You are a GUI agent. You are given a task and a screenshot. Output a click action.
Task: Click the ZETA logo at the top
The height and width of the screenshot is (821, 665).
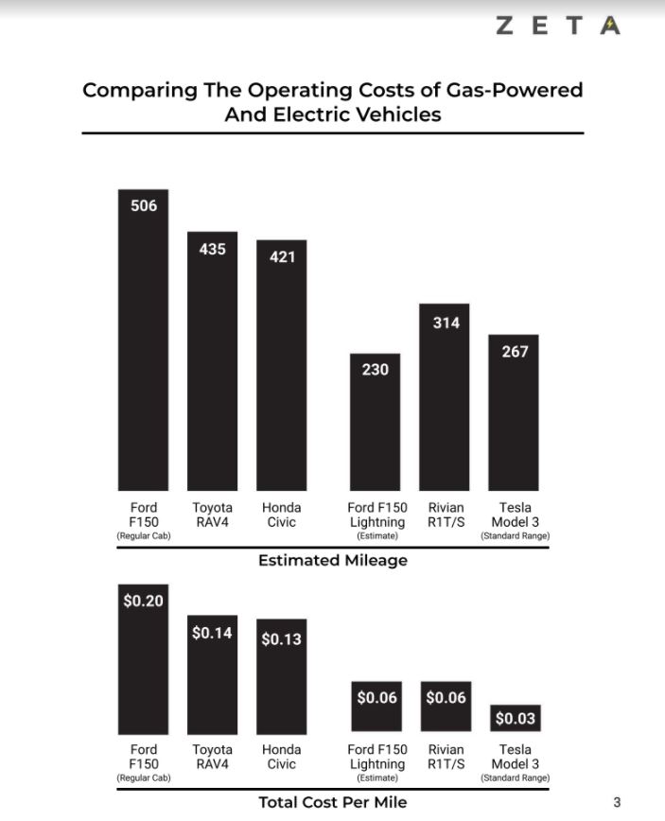(x=558, y=26)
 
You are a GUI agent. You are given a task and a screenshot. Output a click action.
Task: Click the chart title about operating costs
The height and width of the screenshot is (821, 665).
(x=332, y=102)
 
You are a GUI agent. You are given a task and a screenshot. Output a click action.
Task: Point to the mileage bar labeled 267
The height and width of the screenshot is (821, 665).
(x=514, y=411)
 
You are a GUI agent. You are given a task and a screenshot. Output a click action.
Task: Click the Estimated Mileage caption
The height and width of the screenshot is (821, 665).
(x=332, y=560)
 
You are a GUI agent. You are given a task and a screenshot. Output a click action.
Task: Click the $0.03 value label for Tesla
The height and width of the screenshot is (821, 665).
(x=515, y=719)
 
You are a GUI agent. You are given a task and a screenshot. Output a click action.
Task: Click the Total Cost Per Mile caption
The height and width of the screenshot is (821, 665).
(x=332, y=802)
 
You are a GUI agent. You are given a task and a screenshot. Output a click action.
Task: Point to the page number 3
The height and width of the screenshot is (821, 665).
(x=617, y=802)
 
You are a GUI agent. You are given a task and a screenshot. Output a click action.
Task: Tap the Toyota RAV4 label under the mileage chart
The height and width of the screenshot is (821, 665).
(x=212, y=515)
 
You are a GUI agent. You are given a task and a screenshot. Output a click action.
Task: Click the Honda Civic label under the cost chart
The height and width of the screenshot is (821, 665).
(x=282, y=756)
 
